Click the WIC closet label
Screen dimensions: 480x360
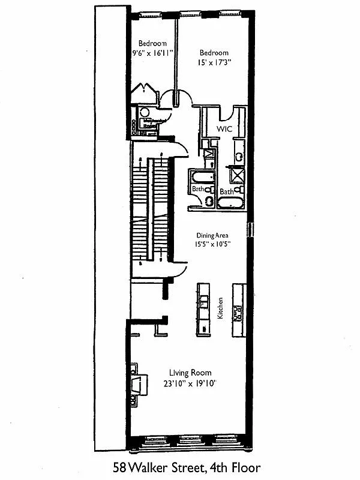tap(223, 129)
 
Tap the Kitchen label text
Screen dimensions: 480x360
tap(220, 308)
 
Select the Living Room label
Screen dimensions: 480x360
tap(190, 373)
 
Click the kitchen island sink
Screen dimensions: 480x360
tap(204, 300)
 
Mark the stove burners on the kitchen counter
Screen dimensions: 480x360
tap(238, 312)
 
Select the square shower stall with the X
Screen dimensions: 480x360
tap(238, 176)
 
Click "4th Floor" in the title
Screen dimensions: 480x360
tap(233, 467)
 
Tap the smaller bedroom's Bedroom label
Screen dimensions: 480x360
tap(152, 43)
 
